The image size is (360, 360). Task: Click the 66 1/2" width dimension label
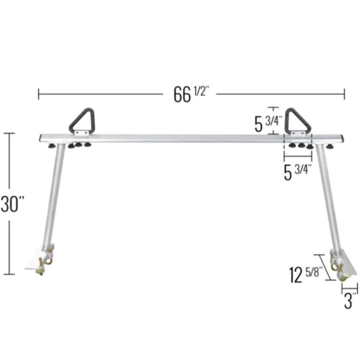191,94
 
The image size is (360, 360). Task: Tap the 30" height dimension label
12,204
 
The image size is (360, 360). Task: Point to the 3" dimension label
350,301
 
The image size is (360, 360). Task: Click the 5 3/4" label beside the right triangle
268,123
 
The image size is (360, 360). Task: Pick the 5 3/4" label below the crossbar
298,172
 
